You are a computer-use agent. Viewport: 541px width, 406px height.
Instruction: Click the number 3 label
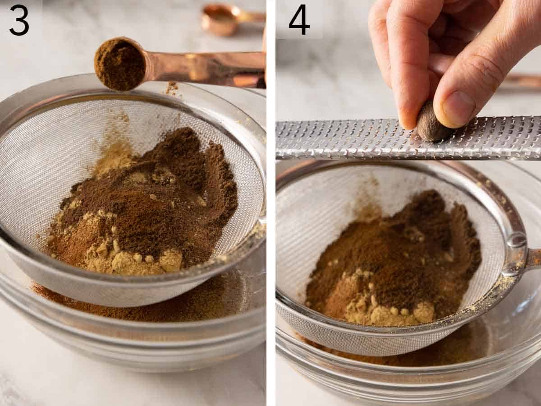pos(19,20)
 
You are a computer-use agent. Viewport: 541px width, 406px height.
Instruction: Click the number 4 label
pos(299,20)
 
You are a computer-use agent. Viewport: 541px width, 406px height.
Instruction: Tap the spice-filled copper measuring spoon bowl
pos(120,64)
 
